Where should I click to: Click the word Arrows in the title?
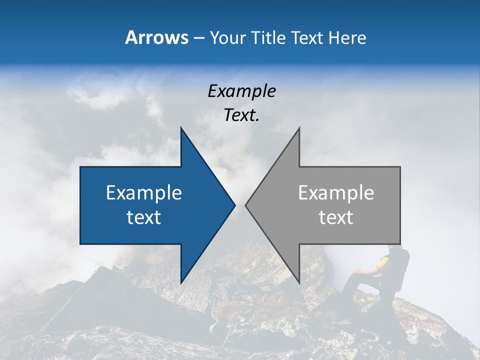[156, 37]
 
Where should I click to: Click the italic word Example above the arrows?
[241, 91]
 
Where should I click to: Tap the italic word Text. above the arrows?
[241, 115]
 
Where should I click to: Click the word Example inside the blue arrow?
[144, 192]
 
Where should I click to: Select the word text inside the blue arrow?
[144, 217]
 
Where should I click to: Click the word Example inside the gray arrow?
[336, 192]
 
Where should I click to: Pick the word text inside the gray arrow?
[336, 217]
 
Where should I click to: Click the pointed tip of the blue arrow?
[234, 205]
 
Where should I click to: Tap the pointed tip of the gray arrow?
[245, 205]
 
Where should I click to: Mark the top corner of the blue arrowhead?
[181, 128]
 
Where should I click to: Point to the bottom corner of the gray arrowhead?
[299, 283]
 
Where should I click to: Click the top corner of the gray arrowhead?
[299, 128]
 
